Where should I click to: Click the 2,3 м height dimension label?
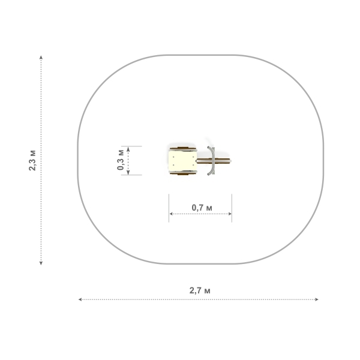coord(32,160)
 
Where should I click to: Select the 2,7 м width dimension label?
coord(200,290)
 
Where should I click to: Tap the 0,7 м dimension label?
coord(202,208)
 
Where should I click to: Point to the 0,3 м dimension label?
coord(121,160)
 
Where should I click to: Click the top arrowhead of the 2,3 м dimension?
coord(41,57)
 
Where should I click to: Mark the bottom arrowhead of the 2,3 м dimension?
coord(41,263)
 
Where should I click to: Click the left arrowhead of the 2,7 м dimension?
coord(80,299)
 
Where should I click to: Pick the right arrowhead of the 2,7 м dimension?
coord(317,299)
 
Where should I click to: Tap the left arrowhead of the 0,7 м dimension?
coord(171,214)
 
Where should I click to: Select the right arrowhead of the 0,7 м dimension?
coord(230,214)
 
